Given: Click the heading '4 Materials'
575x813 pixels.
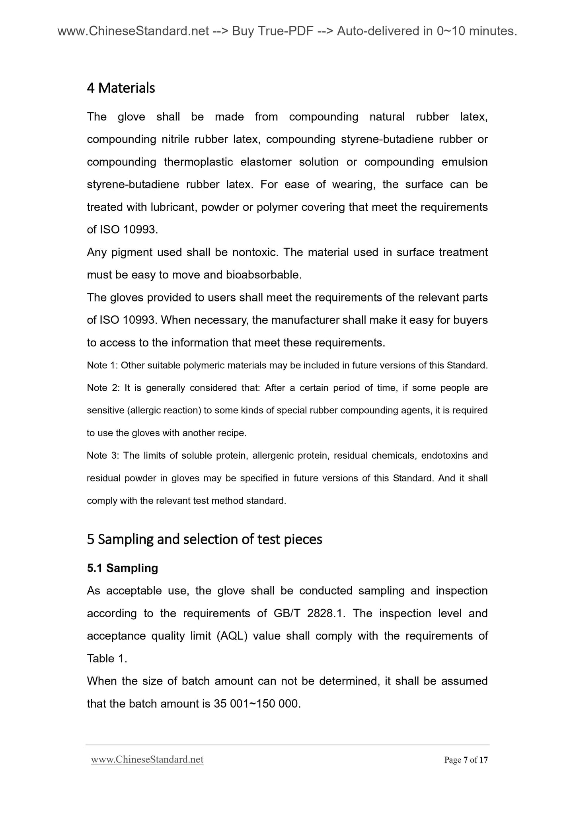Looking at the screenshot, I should pyautogui.click(x=121, y=88).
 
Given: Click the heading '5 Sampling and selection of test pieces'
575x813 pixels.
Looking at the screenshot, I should pyautogui.click(x=204, y=539).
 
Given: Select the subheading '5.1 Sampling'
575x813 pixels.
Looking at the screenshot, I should pyautogui.click(x=122, y=568).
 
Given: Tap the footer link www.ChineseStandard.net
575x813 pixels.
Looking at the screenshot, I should pyautogui.click(x=147, y=760).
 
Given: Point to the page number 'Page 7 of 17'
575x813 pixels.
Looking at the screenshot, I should pyautogui.click(x=466, y=760).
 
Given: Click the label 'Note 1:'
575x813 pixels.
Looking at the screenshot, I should pyautogui.click(x=102, y=365).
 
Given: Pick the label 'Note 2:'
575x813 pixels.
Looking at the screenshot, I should pyautogui.click(x=103, y=388).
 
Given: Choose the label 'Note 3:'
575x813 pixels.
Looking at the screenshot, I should pyautogui.click(x=103, y=455).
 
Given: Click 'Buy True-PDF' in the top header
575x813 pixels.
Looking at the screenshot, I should pyautogui.click(x=272, y=31).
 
